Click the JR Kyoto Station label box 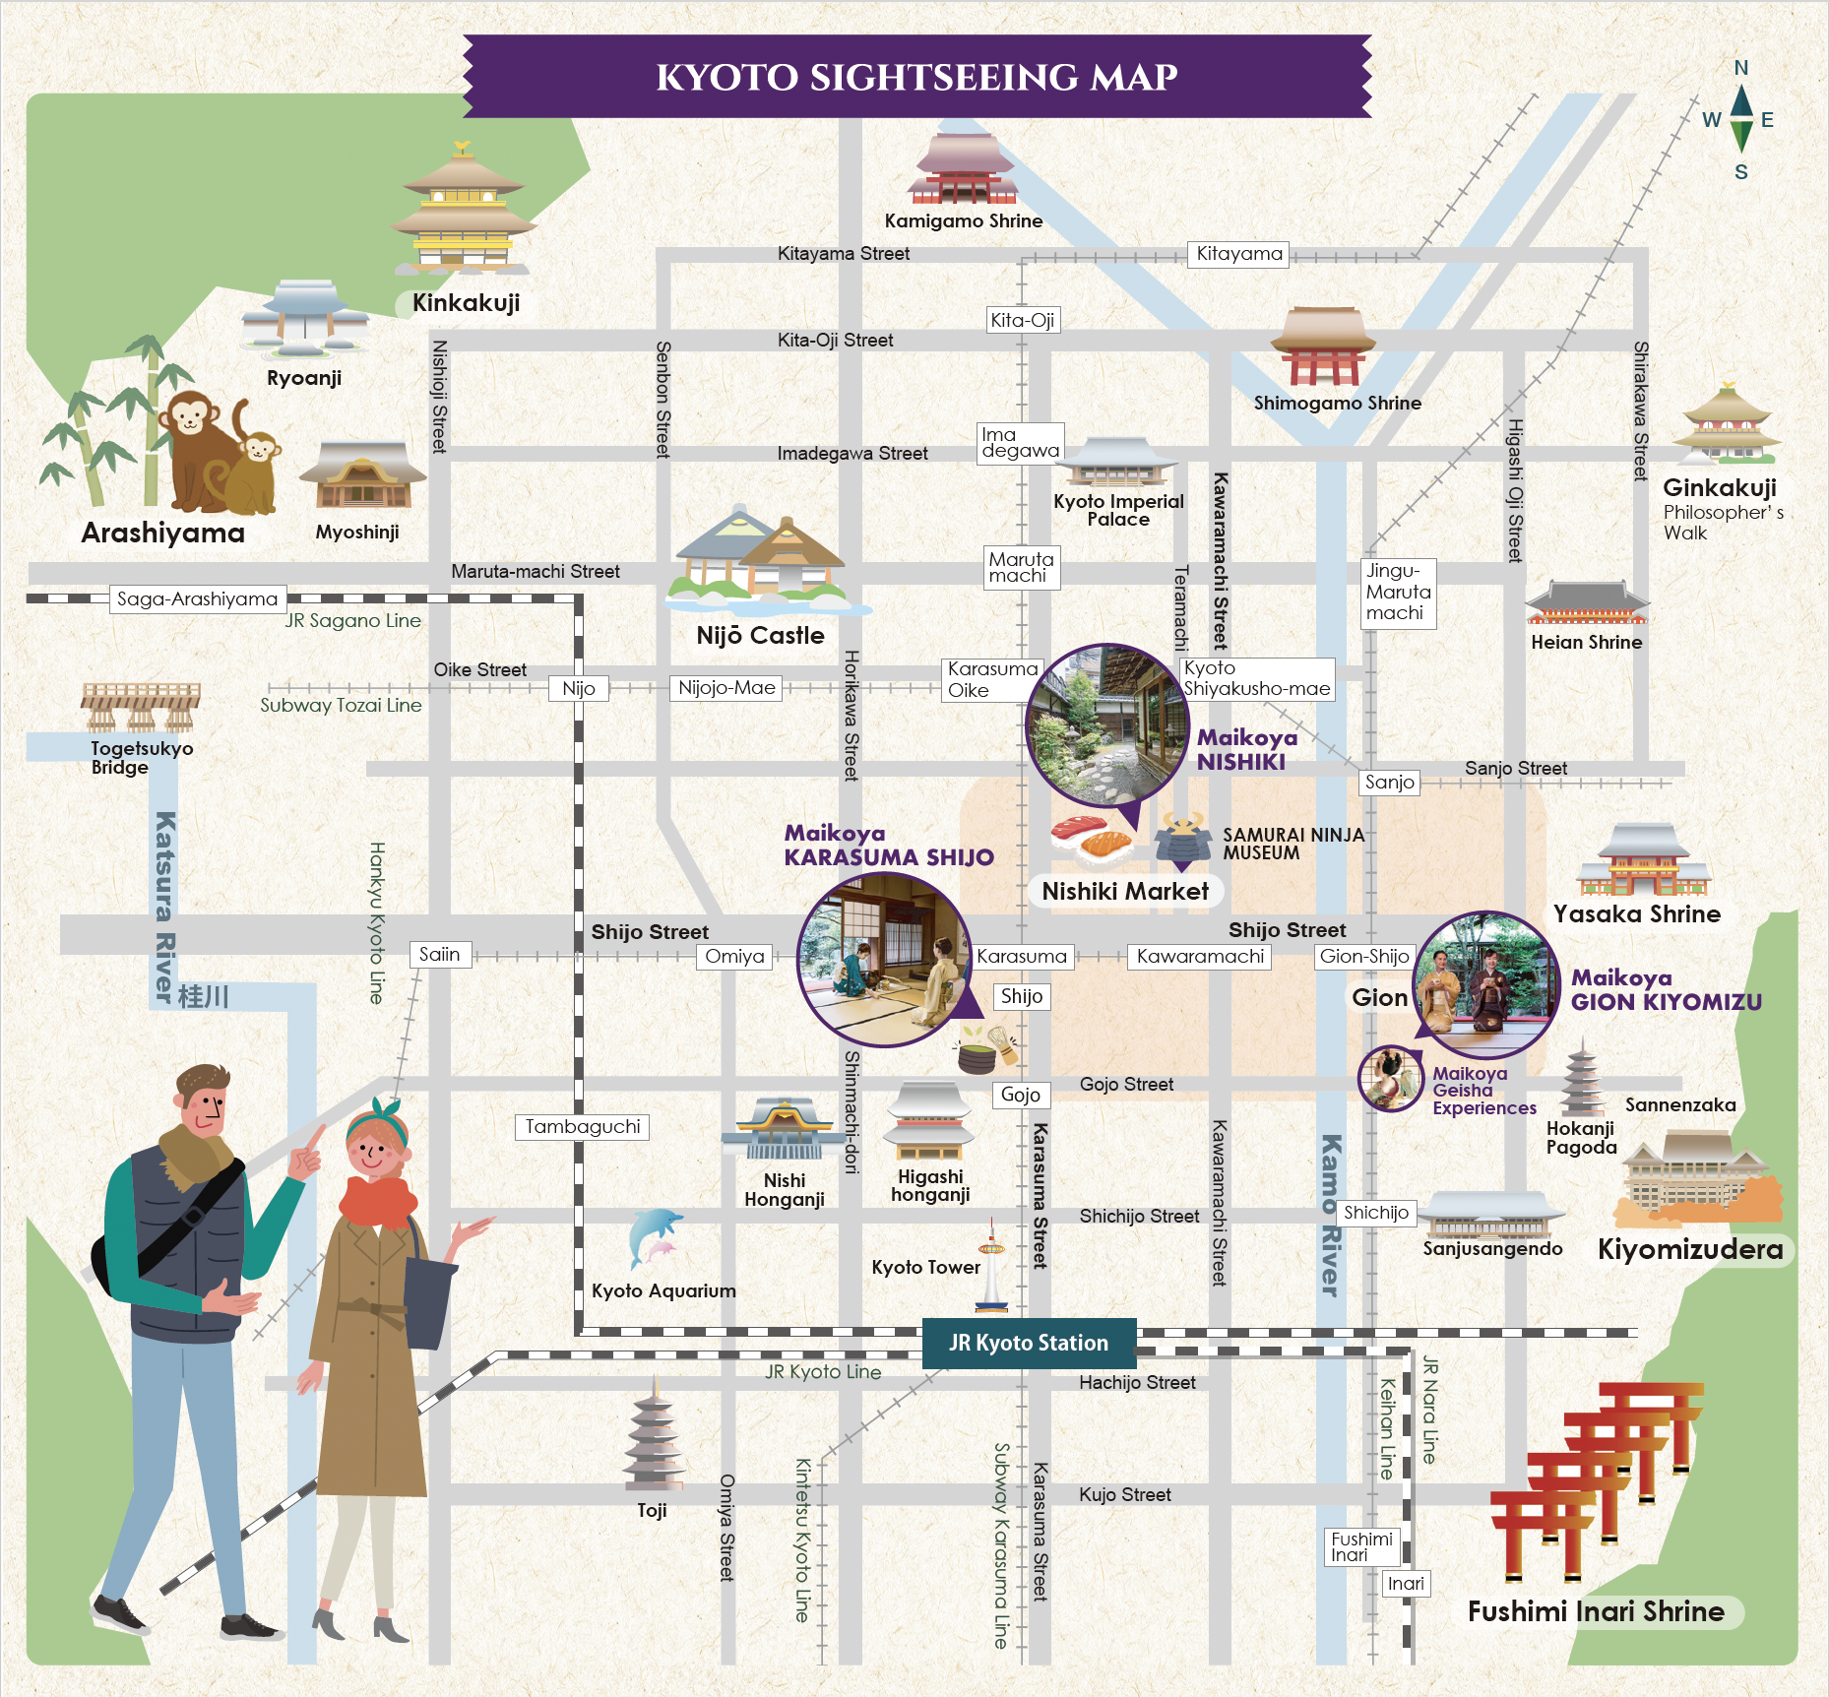pyautogui.click(x=1029, y=1343)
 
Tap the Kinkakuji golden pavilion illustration pyautogui.click(x=463, y=212)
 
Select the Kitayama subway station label pyautogui.click(x=1238, y=254)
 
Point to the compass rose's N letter pyautogui.click(x=1740, y=68)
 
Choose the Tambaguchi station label pyautogui.click(x=582, y=1127)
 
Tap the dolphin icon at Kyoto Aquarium pyautogui.click(x=654, y=1236)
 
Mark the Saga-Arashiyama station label pyautogui.click(x=197, y=598)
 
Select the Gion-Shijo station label pyautogui.click(x=1364, y=956)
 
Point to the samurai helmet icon pyautogui.click(x=1182, y=839)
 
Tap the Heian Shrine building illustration pyautogui.click(x=1586, y=602)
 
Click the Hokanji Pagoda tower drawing pyautogui.click(x=1582, y=1080)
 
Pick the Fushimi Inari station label pyautogui.click(x=1361, y=1546)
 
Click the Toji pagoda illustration pyautogui.click(x=653, y=1437)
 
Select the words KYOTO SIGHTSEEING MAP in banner pyautogui.click(x=916, y=77)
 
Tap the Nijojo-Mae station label pyautogui.click(x=726, y=688)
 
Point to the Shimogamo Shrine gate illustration pyautogui.click(x=1322, y=346)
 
